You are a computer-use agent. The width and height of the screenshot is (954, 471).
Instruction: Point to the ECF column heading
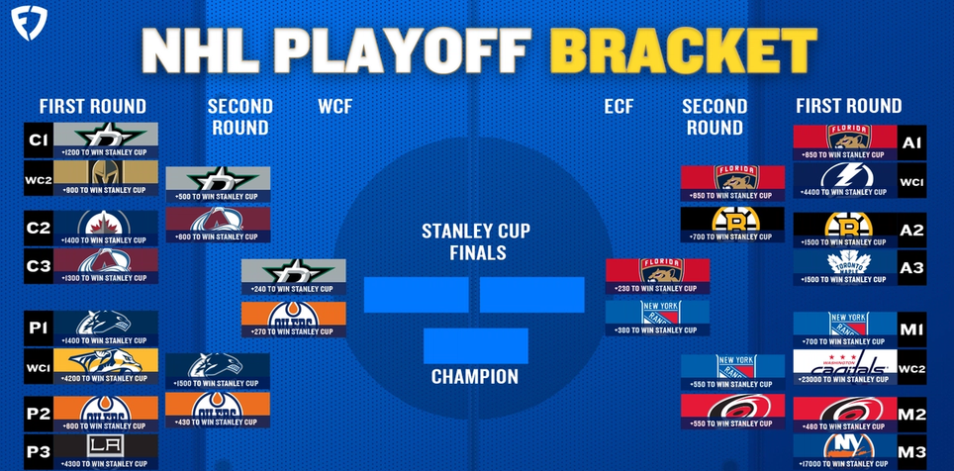[620, 106]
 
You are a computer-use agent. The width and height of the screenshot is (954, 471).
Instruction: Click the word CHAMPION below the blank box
[474, 377]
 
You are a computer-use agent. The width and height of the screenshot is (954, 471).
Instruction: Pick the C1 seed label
[38, 141]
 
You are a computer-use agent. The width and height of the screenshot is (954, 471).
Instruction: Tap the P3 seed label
[38, 451]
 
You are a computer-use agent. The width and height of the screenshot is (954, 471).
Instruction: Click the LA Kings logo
[105, 446]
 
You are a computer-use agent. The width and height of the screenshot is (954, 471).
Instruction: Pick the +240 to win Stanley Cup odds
[293, 289]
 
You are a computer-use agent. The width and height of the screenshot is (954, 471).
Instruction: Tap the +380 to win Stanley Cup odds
[657, 331]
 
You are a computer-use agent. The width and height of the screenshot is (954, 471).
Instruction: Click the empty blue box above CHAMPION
[475, 345]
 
